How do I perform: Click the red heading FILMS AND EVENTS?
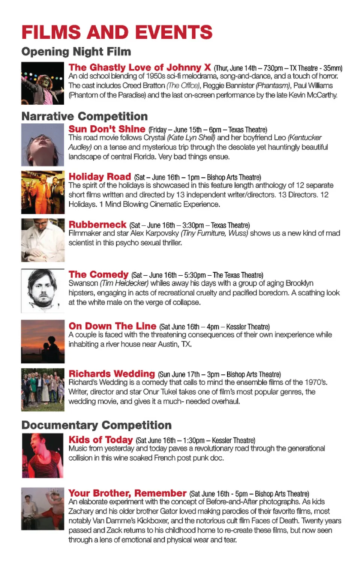[117, 32]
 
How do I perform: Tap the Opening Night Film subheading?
[76, 51]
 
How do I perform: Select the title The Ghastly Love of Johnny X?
[139, 68]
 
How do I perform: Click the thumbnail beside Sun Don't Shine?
[43, 145]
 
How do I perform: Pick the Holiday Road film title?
[100, 176]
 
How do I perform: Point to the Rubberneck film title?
[97, 225]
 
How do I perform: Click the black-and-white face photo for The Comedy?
[43, 291]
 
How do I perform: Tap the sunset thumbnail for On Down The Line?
[43, 341]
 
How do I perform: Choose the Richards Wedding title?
[112, 374]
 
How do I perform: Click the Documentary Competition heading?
[96, 425]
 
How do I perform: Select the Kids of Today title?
[100, 440]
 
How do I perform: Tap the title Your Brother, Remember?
[127, 493]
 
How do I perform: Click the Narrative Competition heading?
[84, 116]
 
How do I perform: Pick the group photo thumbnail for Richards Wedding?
[43, 390]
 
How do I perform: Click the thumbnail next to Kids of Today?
[43, 455]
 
